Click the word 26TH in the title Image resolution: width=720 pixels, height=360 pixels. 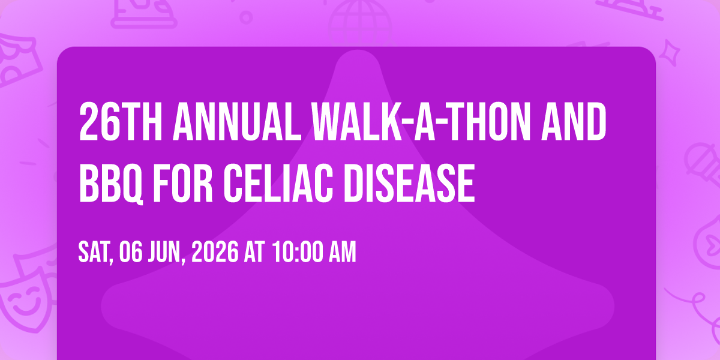pyautogui.click(x=121, y=122)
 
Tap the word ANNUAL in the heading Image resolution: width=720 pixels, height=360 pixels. pyautogui.click(x=237, y=122)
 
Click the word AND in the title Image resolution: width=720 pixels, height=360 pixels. pyautogui.click(x=574, y=122)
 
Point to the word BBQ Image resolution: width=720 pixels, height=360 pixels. pyautogui.click(x=111, y=183)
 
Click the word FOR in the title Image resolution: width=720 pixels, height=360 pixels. pyautogui.click(x=183, y=182)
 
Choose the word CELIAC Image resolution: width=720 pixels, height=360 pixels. pyautogui.click(x=278, y=182)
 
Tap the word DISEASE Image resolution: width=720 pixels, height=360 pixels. pyautogui.click(x=409, y=182)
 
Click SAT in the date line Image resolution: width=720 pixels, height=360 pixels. pyautogui.click(x=96, y=253)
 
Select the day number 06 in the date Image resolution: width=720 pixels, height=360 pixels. pyautogui.click(x=131, y=252)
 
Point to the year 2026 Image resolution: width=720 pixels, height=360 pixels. pyautogui.click(x=215, y=252)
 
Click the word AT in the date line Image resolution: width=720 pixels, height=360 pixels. pyautogui.click(x=254, y=252)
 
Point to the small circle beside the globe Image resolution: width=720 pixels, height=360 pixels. pyautogui.click(x=246, y=17)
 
